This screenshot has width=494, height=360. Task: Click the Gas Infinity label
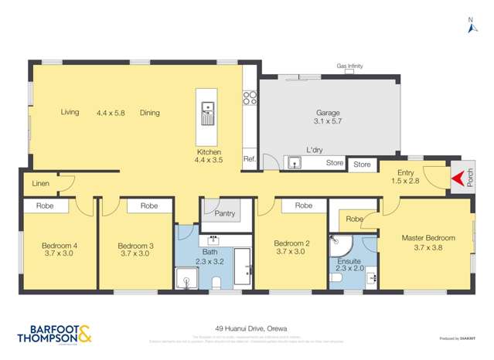point(349,66)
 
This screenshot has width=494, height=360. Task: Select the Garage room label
point(328,113)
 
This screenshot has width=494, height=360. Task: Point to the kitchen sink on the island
point(207,113)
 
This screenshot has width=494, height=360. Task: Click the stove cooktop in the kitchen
point(250,98)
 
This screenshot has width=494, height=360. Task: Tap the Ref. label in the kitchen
point(249,159)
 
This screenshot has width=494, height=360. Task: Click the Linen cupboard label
point(40,184)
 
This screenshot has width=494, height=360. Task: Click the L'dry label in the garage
point(314,150)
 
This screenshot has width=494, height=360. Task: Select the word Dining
point(150,113)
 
